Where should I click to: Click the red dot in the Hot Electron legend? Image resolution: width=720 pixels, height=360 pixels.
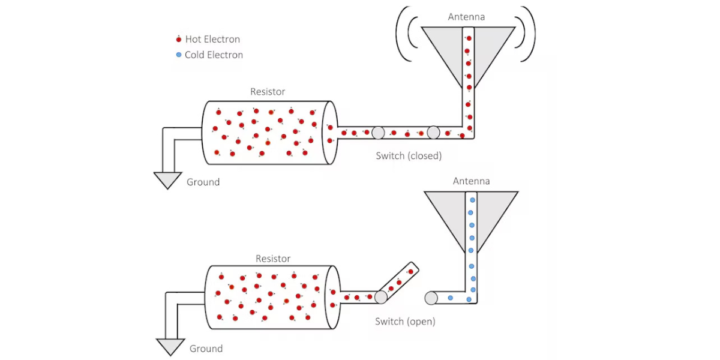click(x=179, y=40)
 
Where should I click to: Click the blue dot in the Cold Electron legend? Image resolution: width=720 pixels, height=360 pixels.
click(x=179, y=55)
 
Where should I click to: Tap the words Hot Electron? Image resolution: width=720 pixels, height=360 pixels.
click(x=212, y=39)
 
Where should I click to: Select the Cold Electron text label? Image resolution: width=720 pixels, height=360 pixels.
click(x=214, y=55)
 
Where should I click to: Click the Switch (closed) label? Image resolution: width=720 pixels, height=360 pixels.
click(x=409, y=156)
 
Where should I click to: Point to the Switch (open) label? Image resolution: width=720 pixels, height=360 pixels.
click(x=405, y=322)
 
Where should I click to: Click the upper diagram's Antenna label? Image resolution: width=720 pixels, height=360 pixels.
click(x=466, y=17)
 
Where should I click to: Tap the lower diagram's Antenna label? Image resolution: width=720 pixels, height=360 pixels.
click(x=471, y=181)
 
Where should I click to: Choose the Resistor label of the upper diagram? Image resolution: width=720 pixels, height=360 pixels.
click(x=268, y=92)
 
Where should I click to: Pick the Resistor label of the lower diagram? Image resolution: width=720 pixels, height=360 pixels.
click(x=273, y=259)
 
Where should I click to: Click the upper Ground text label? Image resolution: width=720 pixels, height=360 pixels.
click(x=203, y=182)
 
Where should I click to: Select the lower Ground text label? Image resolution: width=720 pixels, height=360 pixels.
click(x=206, y=349)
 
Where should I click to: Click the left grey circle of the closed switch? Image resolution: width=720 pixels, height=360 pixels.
click(x=378, y=133)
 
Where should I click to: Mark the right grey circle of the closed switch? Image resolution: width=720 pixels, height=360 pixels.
click(x=433, y=133)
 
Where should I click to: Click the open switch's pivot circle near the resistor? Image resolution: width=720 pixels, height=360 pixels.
click(x=381, y=298)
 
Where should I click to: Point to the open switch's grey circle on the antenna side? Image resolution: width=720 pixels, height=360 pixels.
click(x=431, y=298)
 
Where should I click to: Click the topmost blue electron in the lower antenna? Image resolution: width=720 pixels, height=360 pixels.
click(x=473, y=200)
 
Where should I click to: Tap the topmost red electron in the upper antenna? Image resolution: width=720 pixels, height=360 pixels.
click(x=469, y=38)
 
